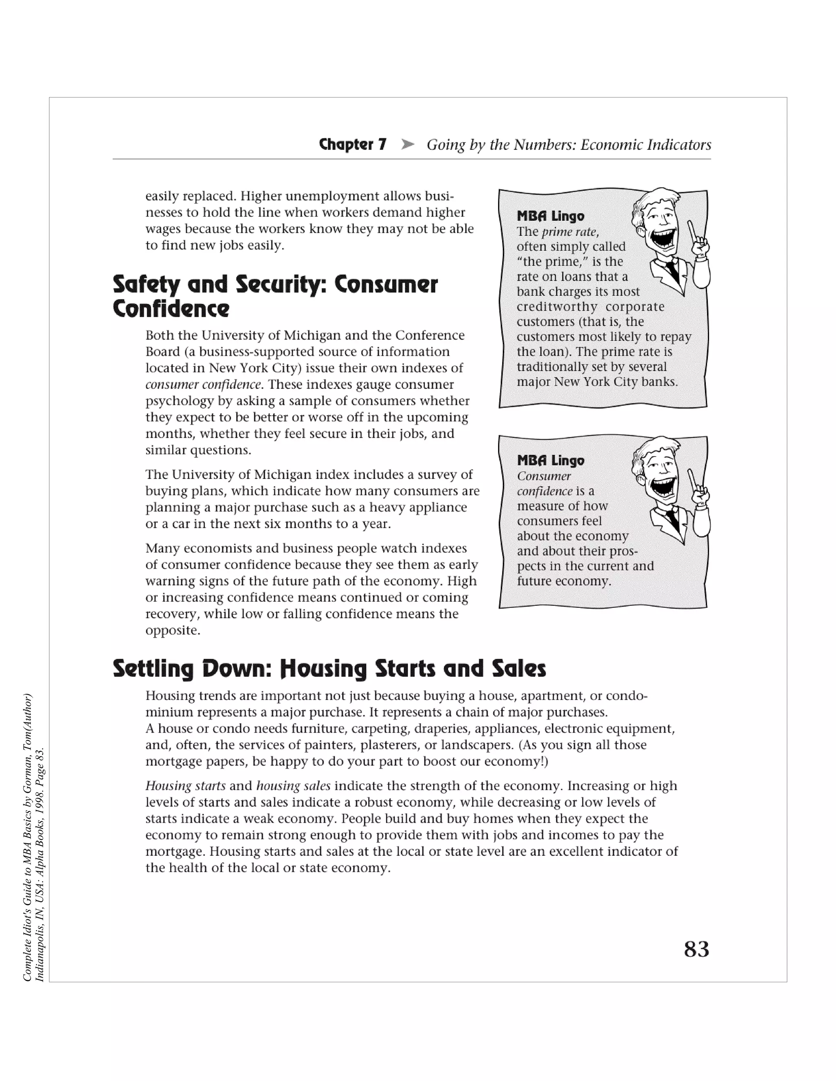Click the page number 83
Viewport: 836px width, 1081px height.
(696, 949)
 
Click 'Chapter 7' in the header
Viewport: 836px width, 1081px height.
(353, 144)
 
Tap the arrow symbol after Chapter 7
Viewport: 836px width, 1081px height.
(407, 144)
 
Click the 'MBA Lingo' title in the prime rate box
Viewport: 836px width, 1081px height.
(550, 216)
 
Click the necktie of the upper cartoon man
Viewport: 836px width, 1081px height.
(672, 270)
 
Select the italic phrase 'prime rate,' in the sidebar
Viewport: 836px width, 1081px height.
(570, 232)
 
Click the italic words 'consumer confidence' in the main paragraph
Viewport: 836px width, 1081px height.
(203, 385)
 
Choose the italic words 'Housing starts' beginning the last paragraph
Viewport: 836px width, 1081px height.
(185, 786)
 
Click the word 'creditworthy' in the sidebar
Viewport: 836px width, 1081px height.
(557, 307)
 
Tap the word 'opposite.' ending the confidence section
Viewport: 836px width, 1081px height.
(172, 631)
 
